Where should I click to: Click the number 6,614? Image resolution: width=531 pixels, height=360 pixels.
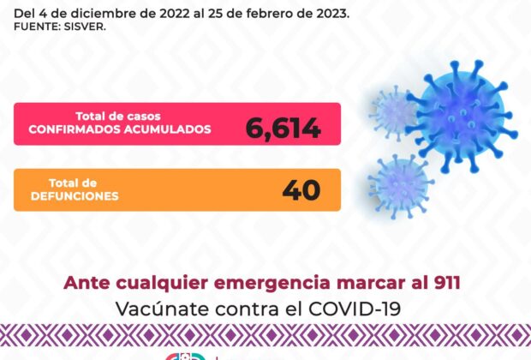point(283,128)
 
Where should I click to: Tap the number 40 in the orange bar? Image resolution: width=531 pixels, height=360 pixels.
point(301,189)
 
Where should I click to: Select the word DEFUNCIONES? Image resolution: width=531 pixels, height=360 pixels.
point(75,196)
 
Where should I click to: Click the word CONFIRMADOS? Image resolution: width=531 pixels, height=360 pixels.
point(75,129)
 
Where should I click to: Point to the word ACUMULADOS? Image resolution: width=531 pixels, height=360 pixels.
point(167,129)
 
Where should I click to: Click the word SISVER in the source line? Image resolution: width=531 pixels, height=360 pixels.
point(85,27)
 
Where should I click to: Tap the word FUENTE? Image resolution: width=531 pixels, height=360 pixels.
point(37,27)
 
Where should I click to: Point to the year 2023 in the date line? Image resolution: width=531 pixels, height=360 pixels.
point(332,14)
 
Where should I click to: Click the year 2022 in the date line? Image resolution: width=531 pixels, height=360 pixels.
point(175,14)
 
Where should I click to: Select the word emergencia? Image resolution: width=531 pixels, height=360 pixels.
point(272,284)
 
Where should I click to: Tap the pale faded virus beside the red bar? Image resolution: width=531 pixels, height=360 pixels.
point(393,113)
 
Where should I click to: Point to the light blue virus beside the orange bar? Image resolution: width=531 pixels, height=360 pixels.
point(401,185)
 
